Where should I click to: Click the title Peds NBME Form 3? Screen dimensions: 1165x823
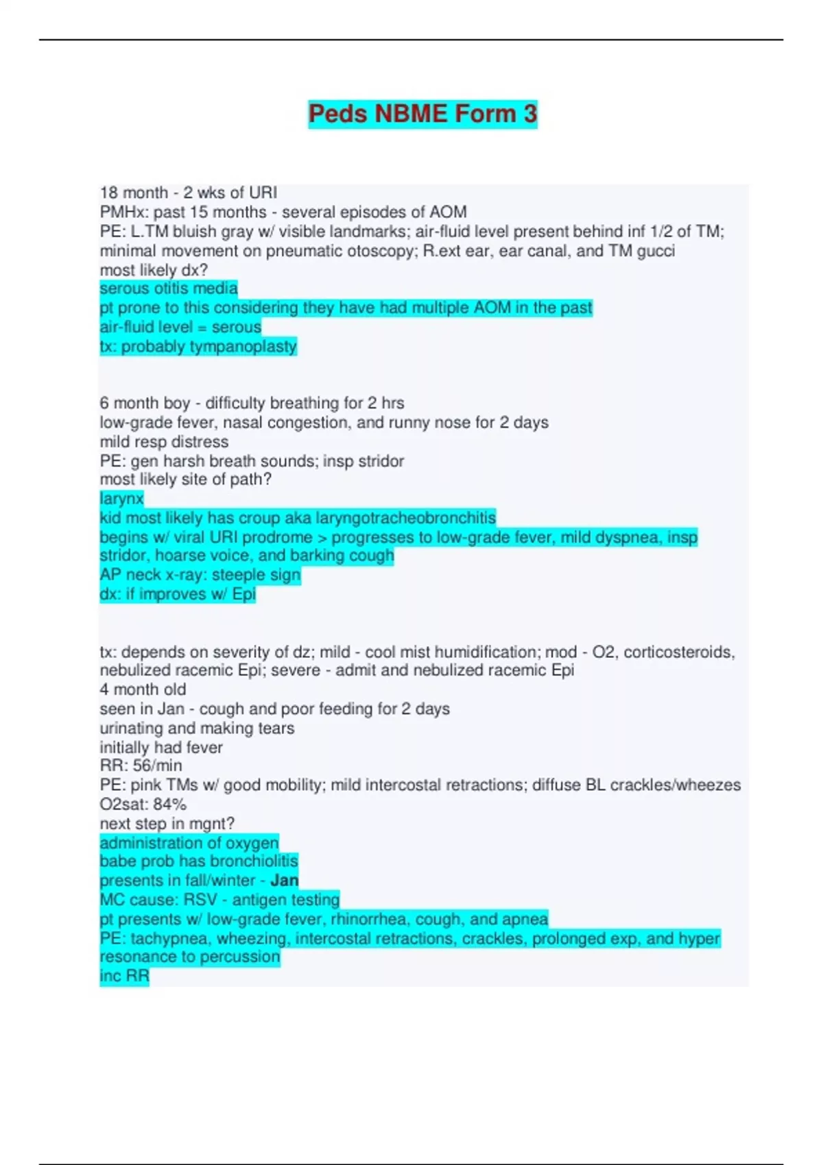[422, 114]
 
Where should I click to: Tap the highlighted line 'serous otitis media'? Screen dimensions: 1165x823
[169, 289]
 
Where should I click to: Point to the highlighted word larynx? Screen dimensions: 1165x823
[121, 499]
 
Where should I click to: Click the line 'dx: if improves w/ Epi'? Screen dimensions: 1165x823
[178, 594]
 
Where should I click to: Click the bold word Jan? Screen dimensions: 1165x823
[284, 881]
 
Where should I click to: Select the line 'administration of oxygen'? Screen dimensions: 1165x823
[189, 843]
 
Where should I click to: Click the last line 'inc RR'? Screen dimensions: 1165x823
[124, 976]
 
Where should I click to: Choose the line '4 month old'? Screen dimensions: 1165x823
[143, 689]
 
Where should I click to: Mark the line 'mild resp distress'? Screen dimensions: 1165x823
[164, 442]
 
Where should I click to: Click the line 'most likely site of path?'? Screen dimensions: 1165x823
[185, 480]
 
